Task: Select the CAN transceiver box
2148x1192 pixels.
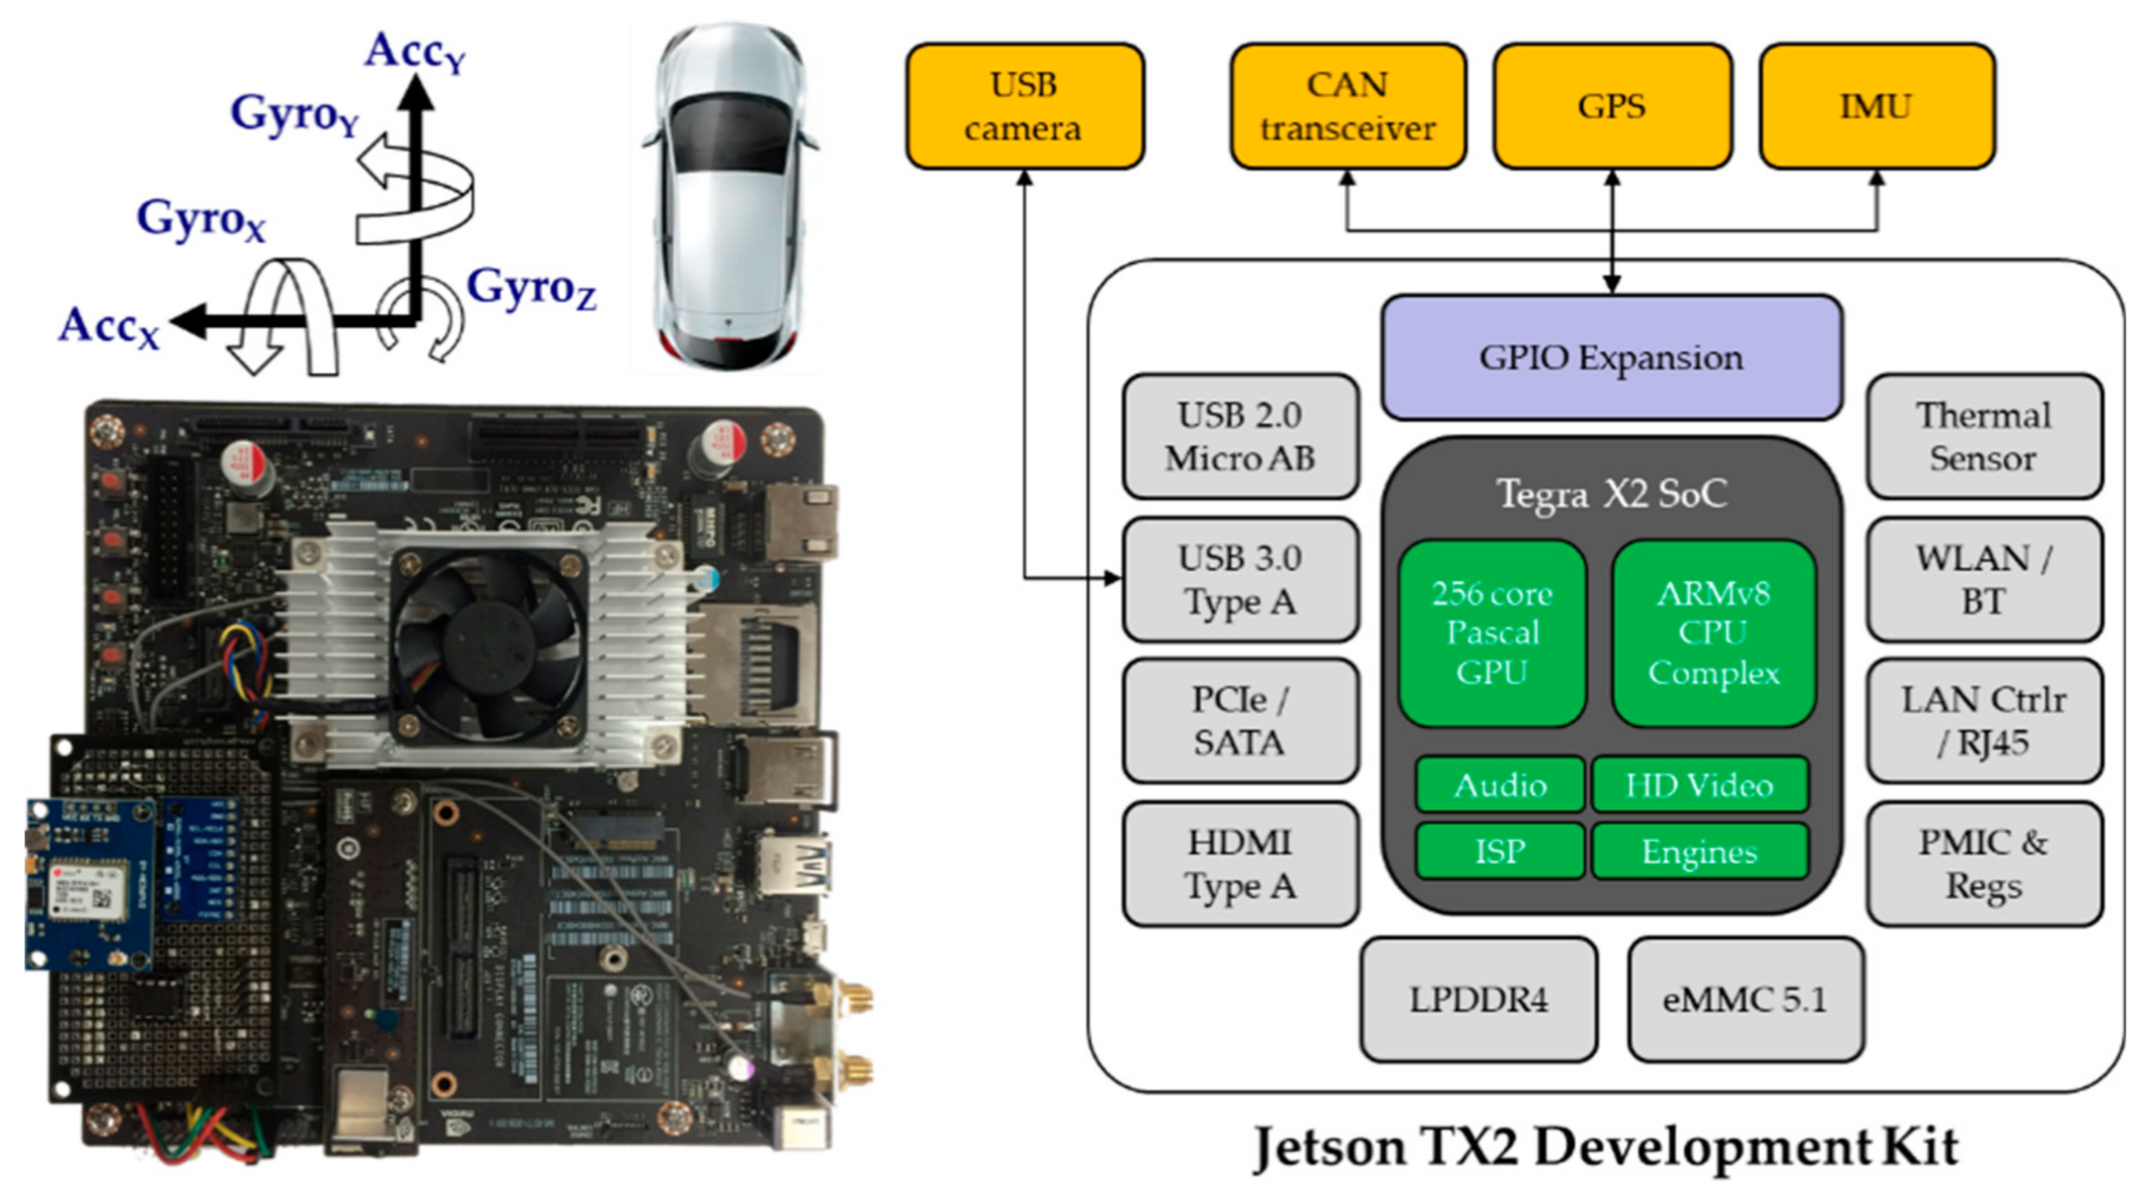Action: tap(1348, 106)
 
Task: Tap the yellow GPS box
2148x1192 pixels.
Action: tap(1611, 106)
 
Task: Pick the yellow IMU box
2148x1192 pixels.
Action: tap(1876, 106)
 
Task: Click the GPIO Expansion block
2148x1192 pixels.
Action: tap(1611, 357)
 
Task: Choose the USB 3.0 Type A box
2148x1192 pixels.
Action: tap(1240, 579)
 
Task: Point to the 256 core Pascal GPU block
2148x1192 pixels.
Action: tap(1492, 633)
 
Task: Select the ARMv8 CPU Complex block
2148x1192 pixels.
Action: tap(1714, 633)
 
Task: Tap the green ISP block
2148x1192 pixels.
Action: tap(1499, 851)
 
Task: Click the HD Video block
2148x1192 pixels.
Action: tap(1699, 785)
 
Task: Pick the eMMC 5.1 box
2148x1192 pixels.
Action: tap(1745, 998)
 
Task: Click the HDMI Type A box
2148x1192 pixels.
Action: tap(1240, 864)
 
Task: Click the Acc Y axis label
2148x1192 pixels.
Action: tap(414, 52)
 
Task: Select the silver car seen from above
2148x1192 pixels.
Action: tap(729, 196)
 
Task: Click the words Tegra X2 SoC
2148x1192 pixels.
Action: tap(1611, 494)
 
